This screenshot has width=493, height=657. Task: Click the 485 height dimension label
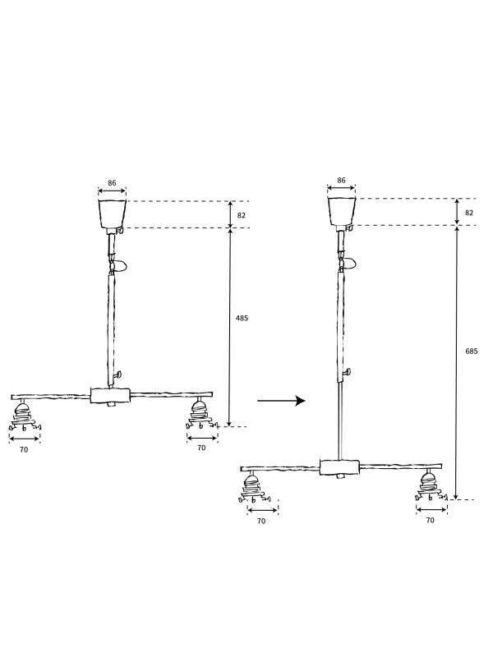[x=242, y=318]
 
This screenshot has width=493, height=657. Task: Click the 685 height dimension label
[x=471, y=351]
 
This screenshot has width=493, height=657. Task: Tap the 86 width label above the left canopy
[x=112, y=183]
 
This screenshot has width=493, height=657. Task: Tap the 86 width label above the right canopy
[x=341, y=180]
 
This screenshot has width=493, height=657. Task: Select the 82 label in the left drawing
[x=242, y=215]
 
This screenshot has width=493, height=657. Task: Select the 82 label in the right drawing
[x=469, y=213]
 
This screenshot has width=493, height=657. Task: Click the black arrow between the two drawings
[x=281, y=401]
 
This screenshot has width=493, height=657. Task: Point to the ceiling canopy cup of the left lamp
[x=113, y=214]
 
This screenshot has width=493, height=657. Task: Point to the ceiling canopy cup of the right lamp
[x=342, y=212]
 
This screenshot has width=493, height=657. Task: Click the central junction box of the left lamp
[x=111, y=396]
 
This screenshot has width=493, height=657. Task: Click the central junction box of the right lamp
[x=340, y=466]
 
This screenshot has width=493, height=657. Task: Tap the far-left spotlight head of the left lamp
[x=25, y=416]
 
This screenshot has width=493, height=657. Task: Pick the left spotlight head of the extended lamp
[x=254, y=487]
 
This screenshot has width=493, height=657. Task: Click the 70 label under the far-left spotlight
[x=24, y=449]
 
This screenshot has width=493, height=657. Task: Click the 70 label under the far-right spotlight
[x=430, y=520]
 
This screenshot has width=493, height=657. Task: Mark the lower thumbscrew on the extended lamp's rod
[x=347, y=371]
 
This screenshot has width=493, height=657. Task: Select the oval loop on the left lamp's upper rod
[x=119, y=266]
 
